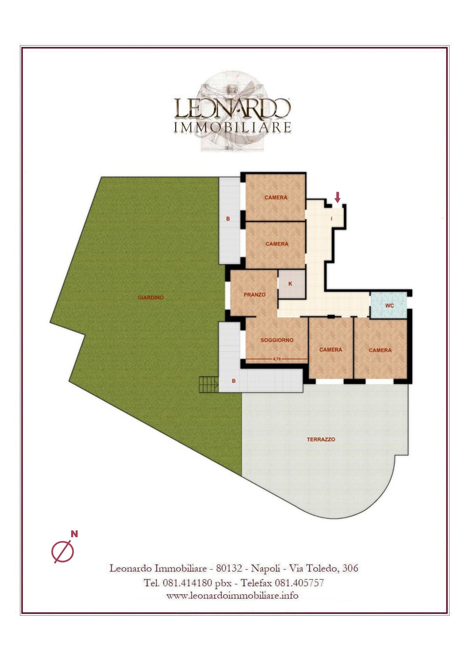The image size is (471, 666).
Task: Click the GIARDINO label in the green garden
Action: click(151, 298)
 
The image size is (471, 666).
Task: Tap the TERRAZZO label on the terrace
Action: click(321, 439)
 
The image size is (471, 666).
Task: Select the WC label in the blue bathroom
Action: click(389, 306)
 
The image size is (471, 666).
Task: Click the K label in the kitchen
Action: click(290, 284)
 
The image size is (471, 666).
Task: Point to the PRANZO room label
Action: click(255, 295)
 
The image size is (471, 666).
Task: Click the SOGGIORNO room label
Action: click(277, 340)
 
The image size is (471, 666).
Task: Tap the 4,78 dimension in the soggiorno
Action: click(277, 359)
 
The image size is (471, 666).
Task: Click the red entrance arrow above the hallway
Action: click(337, 197)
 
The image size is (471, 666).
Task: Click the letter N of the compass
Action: click(74, 534)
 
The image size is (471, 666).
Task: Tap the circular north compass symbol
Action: click(63, 552)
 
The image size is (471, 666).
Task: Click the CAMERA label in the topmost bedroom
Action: click(276, 198)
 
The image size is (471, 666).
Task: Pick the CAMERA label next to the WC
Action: click(380, 350)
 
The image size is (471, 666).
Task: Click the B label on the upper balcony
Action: click(228, 219)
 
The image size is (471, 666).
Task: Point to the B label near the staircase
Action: click(233, 381)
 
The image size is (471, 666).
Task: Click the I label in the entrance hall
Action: click(332, 219)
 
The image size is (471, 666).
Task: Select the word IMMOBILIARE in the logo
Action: click(232, 127)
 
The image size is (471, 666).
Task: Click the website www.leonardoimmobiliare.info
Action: click(232, 596)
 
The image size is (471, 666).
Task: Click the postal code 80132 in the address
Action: click(229, 568)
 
